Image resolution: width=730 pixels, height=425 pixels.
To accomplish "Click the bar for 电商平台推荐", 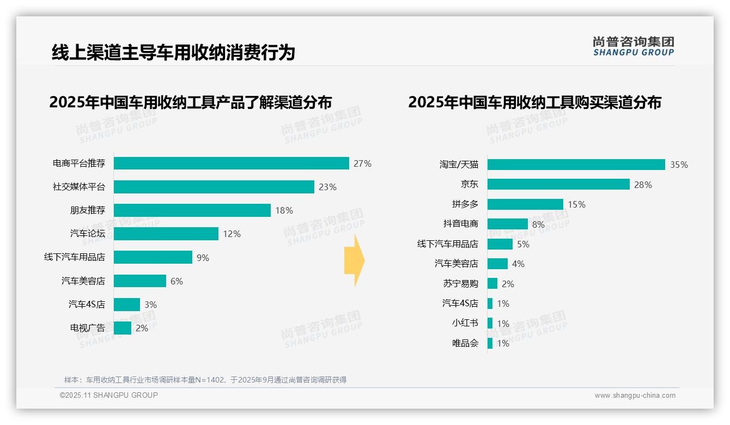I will coord(231,163).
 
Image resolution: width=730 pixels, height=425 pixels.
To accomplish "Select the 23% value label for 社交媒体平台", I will coord(327,187).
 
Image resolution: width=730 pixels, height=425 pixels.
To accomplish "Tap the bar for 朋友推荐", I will coord(192,210).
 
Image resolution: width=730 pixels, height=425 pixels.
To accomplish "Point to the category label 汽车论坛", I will coord(87,234).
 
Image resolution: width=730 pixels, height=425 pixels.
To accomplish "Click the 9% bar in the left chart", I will coord(153,257).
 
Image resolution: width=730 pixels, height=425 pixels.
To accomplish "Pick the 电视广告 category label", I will coord(87,328).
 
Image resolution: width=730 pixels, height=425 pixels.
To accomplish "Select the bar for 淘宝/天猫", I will coord(576,165).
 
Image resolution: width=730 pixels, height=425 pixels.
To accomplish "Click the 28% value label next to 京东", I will coord(643,185).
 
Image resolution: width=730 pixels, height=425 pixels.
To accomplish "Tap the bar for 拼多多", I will coord(525,204).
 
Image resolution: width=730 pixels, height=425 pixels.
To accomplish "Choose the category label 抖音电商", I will coord(460,224).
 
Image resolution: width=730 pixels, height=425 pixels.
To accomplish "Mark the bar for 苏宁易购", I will coord(492,283).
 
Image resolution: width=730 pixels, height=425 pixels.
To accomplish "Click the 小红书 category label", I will coord(465,323).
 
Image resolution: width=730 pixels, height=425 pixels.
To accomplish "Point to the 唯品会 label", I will coord(465,343).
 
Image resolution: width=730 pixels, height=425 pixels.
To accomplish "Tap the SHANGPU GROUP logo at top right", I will coord(633,46).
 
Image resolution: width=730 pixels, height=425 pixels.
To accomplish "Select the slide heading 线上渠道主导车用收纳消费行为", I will coord(173,52).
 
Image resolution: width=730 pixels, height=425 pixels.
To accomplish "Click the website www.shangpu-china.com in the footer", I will coord(635,396).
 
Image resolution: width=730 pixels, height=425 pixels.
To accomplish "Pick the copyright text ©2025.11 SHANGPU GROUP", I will coord(109,395).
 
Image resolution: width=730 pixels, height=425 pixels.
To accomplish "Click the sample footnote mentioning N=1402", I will coord(205,380).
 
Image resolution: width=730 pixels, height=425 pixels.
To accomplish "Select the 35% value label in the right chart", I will coord(679,165).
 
